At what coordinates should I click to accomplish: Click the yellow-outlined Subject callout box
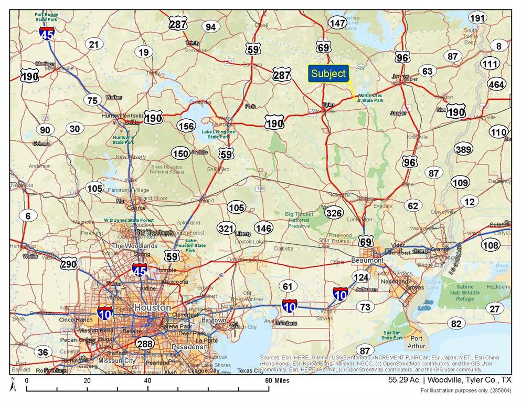pyautogui.click(x=328, y=74)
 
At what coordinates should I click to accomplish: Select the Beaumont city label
pyautogui.click(x=367, y=261)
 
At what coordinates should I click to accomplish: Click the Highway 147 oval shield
pyautogui.click(x=337, y=23)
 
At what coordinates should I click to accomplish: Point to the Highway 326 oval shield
pyautogui.click(x=334, y=213)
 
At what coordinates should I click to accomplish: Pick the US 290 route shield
pyautogui.click(x=68, y=264)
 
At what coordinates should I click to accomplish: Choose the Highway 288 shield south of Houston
pyautogui.click(x=145, y=344)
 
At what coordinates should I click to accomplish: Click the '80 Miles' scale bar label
pyautogui.click(x=278, y=380)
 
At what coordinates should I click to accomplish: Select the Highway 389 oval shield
pyautogui.click(x=463, y=149)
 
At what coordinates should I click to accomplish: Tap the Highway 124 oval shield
pyautogui.click(x=361, y=277)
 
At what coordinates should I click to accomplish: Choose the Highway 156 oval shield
pyautogui.click(x=186, y=126)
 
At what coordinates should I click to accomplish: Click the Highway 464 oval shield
pyautogui.click(x=496, y=84)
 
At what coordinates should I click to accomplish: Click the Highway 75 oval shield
pyautogui.click(x=92, y=101)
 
